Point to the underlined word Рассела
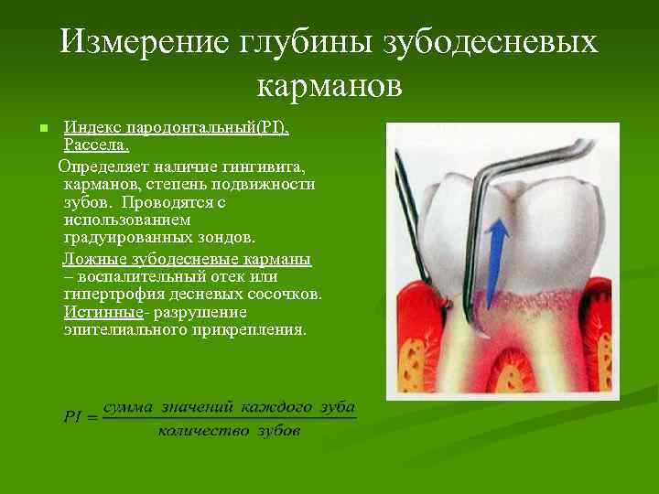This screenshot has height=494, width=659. click(96, 145)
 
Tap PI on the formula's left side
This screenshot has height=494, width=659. click(74, 417)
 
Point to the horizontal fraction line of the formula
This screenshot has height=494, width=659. click(229, 418)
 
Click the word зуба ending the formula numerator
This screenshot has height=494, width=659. click(338, 406)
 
